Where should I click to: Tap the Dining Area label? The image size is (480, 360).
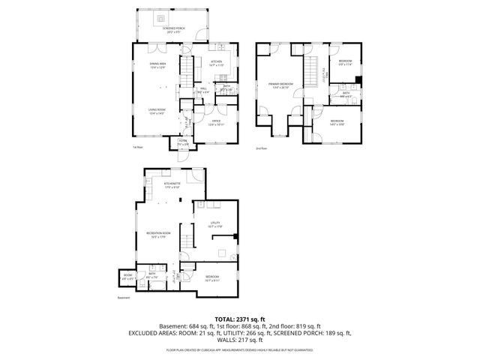[x=157, y=65]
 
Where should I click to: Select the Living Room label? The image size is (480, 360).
[x=156, y=111]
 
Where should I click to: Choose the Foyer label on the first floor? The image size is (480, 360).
[x=182, y=142]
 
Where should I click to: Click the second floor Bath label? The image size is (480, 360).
[x=346, y=94]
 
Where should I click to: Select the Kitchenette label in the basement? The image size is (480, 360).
[x=172, y=184]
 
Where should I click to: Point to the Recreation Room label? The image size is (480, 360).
[x=157, y=234]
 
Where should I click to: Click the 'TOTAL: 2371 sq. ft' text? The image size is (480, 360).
[x=239, y=319]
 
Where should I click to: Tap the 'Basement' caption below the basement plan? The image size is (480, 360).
[x=124, y=298]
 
